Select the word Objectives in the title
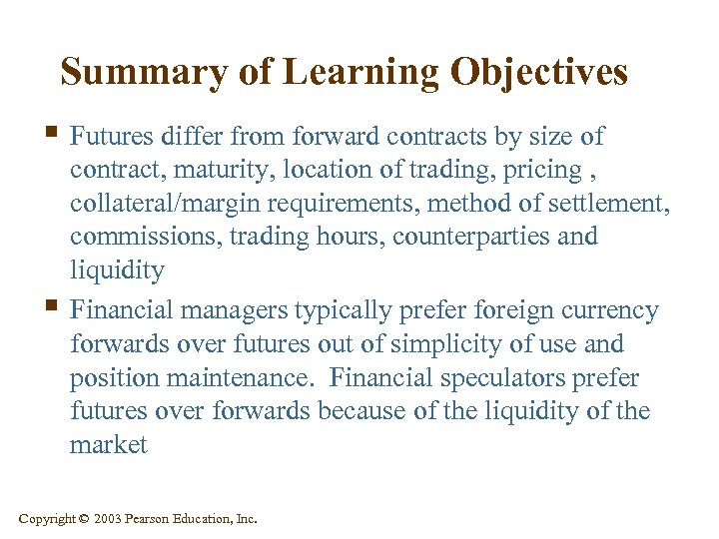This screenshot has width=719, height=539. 539,72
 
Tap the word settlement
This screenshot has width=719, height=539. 613,205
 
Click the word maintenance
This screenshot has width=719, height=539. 240,378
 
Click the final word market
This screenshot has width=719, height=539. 108,445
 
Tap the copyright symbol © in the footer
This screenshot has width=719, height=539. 84,519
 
